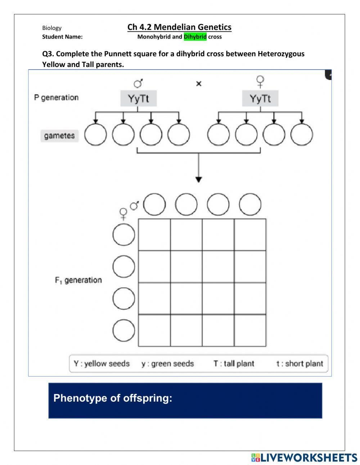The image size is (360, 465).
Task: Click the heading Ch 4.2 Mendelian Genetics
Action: click(x=179, y=27)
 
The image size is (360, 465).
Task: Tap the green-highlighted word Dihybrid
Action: click(x=195, y=37)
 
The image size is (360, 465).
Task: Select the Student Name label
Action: click(x=62, y=37)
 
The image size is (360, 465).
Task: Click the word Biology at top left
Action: click(x=52, y=28)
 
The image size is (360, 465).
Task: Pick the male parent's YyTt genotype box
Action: click(x=139, y=98)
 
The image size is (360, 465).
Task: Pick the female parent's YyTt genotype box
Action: click(x=260, y=98)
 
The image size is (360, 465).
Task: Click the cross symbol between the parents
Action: click(x=199, y=84)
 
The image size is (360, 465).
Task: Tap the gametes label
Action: click(x=59, y=136)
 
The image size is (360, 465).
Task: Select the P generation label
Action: click(x=56, y=98)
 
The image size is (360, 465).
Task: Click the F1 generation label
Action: click(x=78, y=280)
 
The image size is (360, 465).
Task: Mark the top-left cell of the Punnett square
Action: click(x=154, y=234)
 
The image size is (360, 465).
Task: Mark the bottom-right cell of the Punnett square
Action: click(x=250, y=330)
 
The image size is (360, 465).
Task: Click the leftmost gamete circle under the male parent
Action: click(x=95, y=135)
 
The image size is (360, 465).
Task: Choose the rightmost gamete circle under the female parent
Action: click(x=301, y=135)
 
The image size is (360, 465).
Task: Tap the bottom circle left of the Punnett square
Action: click(x=124, y=330)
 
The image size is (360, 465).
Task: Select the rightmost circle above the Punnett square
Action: click(x=250, y=204)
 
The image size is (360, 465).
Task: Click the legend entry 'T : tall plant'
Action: click(x=234, y=364)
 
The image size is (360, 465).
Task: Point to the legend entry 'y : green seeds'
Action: click(x=167, y=364)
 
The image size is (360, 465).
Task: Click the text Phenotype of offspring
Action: click(x=113, y=398)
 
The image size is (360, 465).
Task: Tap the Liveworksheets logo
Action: click(x=304, y=457)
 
